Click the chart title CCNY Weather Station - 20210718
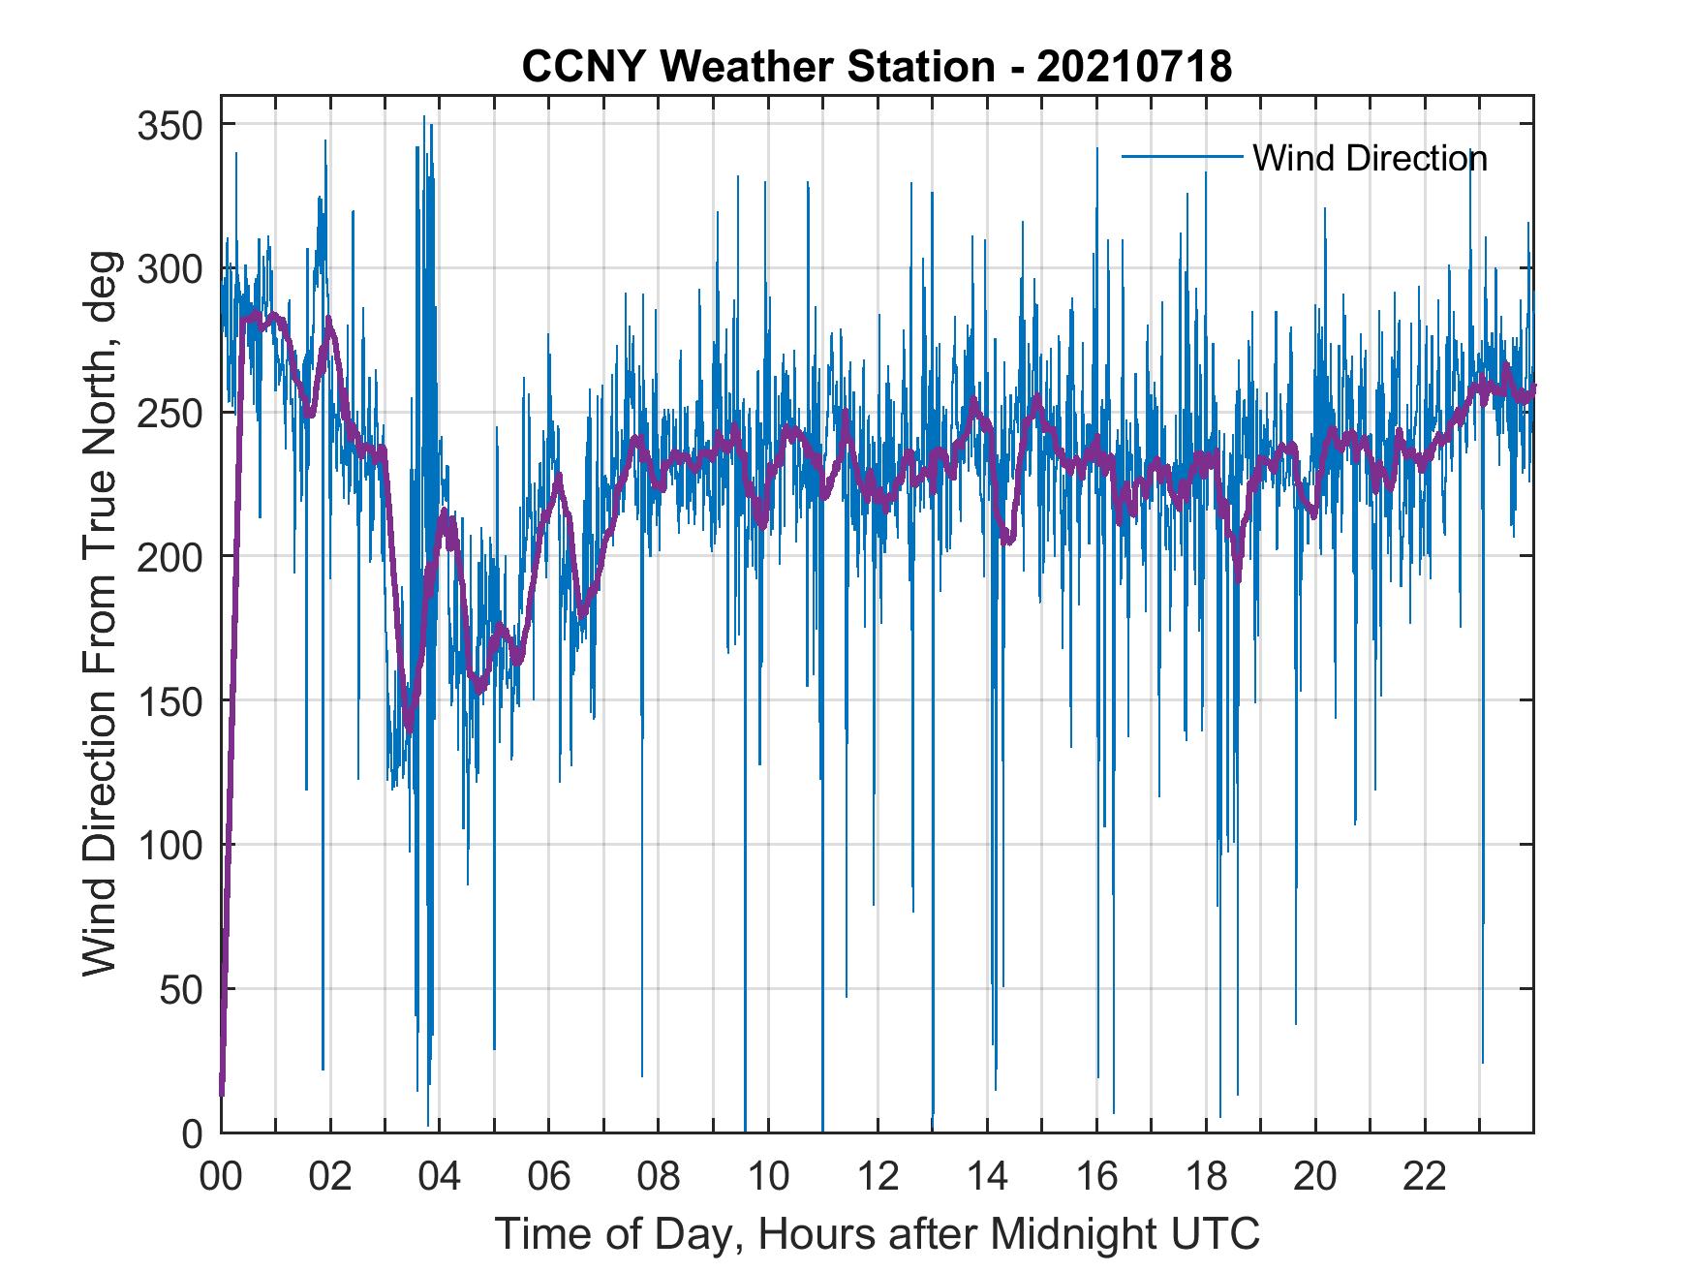[x=877, y=67]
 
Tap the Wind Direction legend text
[x=1370, y=158]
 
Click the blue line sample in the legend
[x=1183, y=157]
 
